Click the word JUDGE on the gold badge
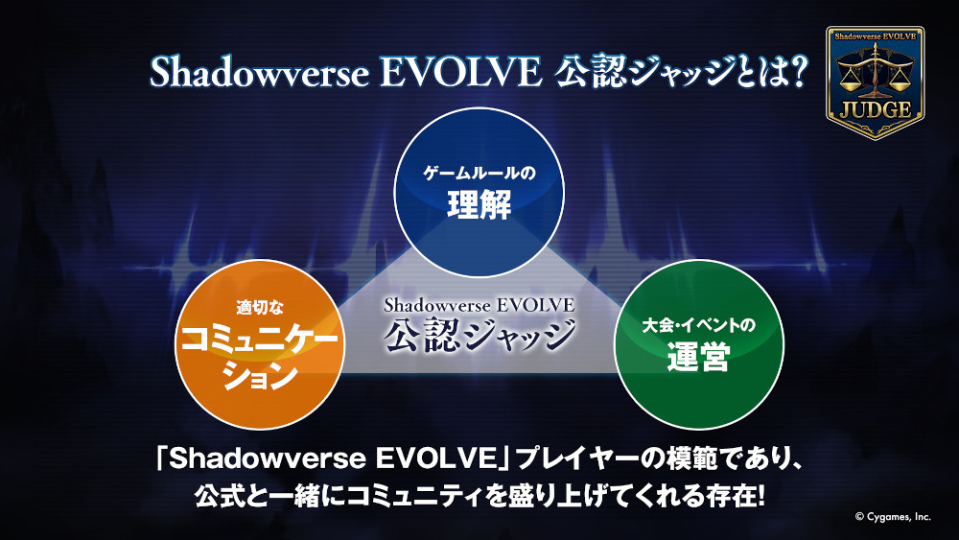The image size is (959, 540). pos(876,110)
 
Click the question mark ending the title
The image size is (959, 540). pos(796,72)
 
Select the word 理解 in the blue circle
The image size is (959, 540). pos(479,205)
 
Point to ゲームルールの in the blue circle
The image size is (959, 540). pos(479,173)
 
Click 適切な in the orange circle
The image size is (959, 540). pos(260,308)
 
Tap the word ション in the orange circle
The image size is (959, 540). pos(260,375)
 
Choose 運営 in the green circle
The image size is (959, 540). pos(698,357)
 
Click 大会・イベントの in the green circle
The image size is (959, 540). pos(698,325)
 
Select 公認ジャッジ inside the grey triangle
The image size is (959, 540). pos(479,335)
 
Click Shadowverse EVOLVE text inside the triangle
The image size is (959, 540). pos(479,305)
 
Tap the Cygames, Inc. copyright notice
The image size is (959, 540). pos(893,517)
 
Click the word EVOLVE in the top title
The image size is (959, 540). pos(461,73)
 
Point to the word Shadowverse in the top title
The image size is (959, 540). pos(259,73)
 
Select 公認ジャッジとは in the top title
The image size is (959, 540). pos(668,72)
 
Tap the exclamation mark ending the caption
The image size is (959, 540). pos(760,495)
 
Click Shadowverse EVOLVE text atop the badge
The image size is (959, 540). pos(876,36)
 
